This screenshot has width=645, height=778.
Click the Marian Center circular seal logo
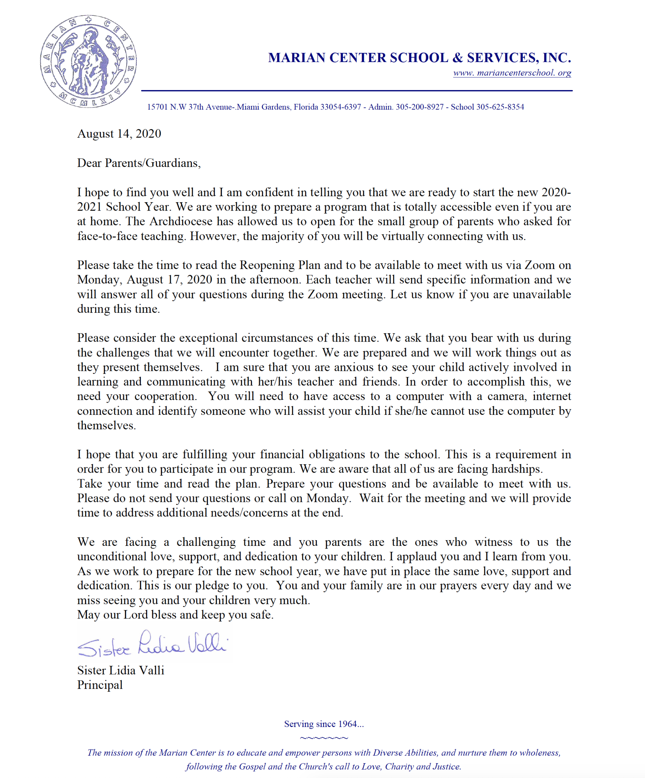[x=88, y=61]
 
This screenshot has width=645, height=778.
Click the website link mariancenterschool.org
[x=512, y=73]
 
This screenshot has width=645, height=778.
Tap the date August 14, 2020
[x=119, y=134]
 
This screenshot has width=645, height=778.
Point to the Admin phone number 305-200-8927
[x=419, y=107]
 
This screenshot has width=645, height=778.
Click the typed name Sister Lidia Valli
[x=120, y=671]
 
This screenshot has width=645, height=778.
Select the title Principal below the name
[x=100, y=685]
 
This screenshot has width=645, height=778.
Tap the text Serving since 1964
[x=324, y=724]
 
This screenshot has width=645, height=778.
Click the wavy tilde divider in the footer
[x=324, y=738]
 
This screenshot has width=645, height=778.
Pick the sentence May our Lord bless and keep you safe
[x=175, y=615]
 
